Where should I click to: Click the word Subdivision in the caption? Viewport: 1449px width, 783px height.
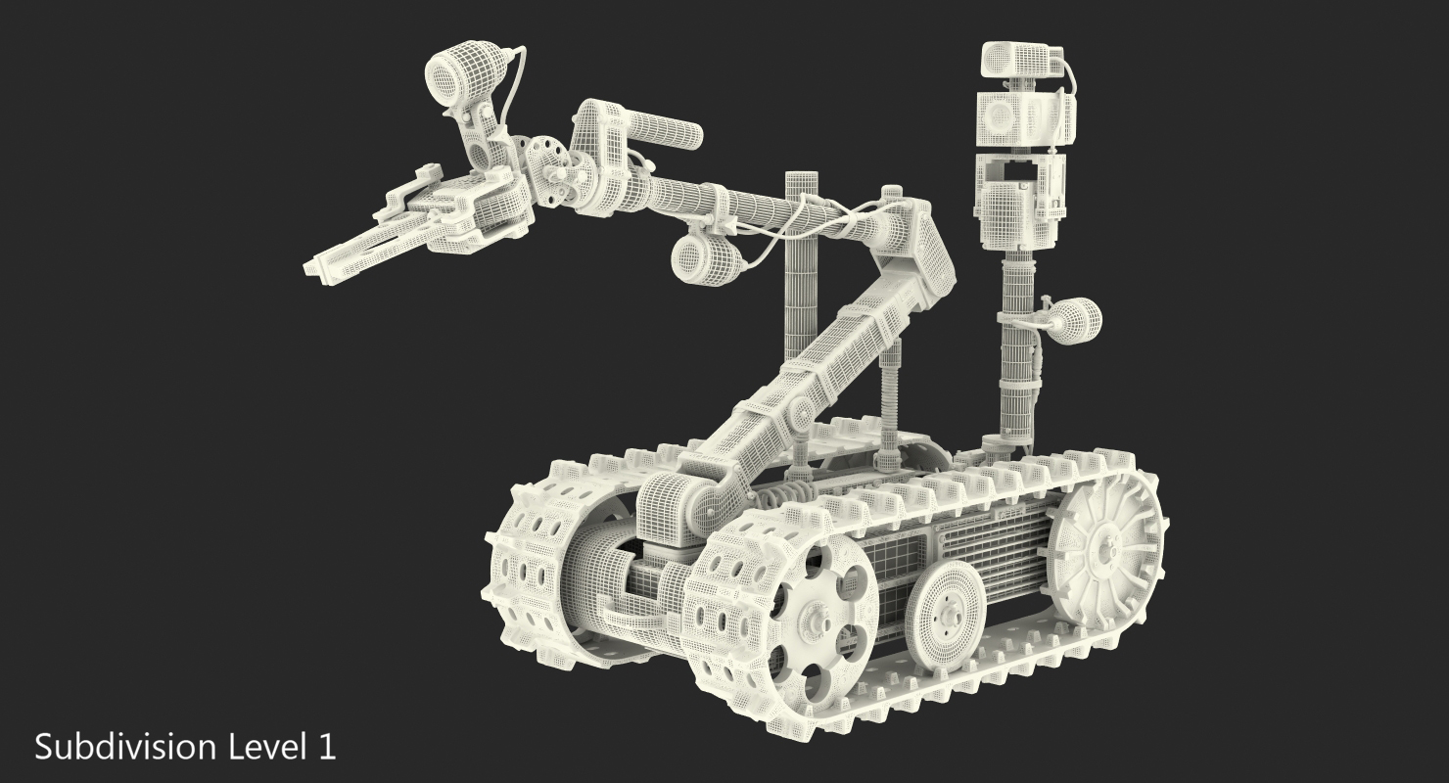click(x=125, y=748)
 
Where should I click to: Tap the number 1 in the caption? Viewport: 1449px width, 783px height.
click(x=328, y=747)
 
